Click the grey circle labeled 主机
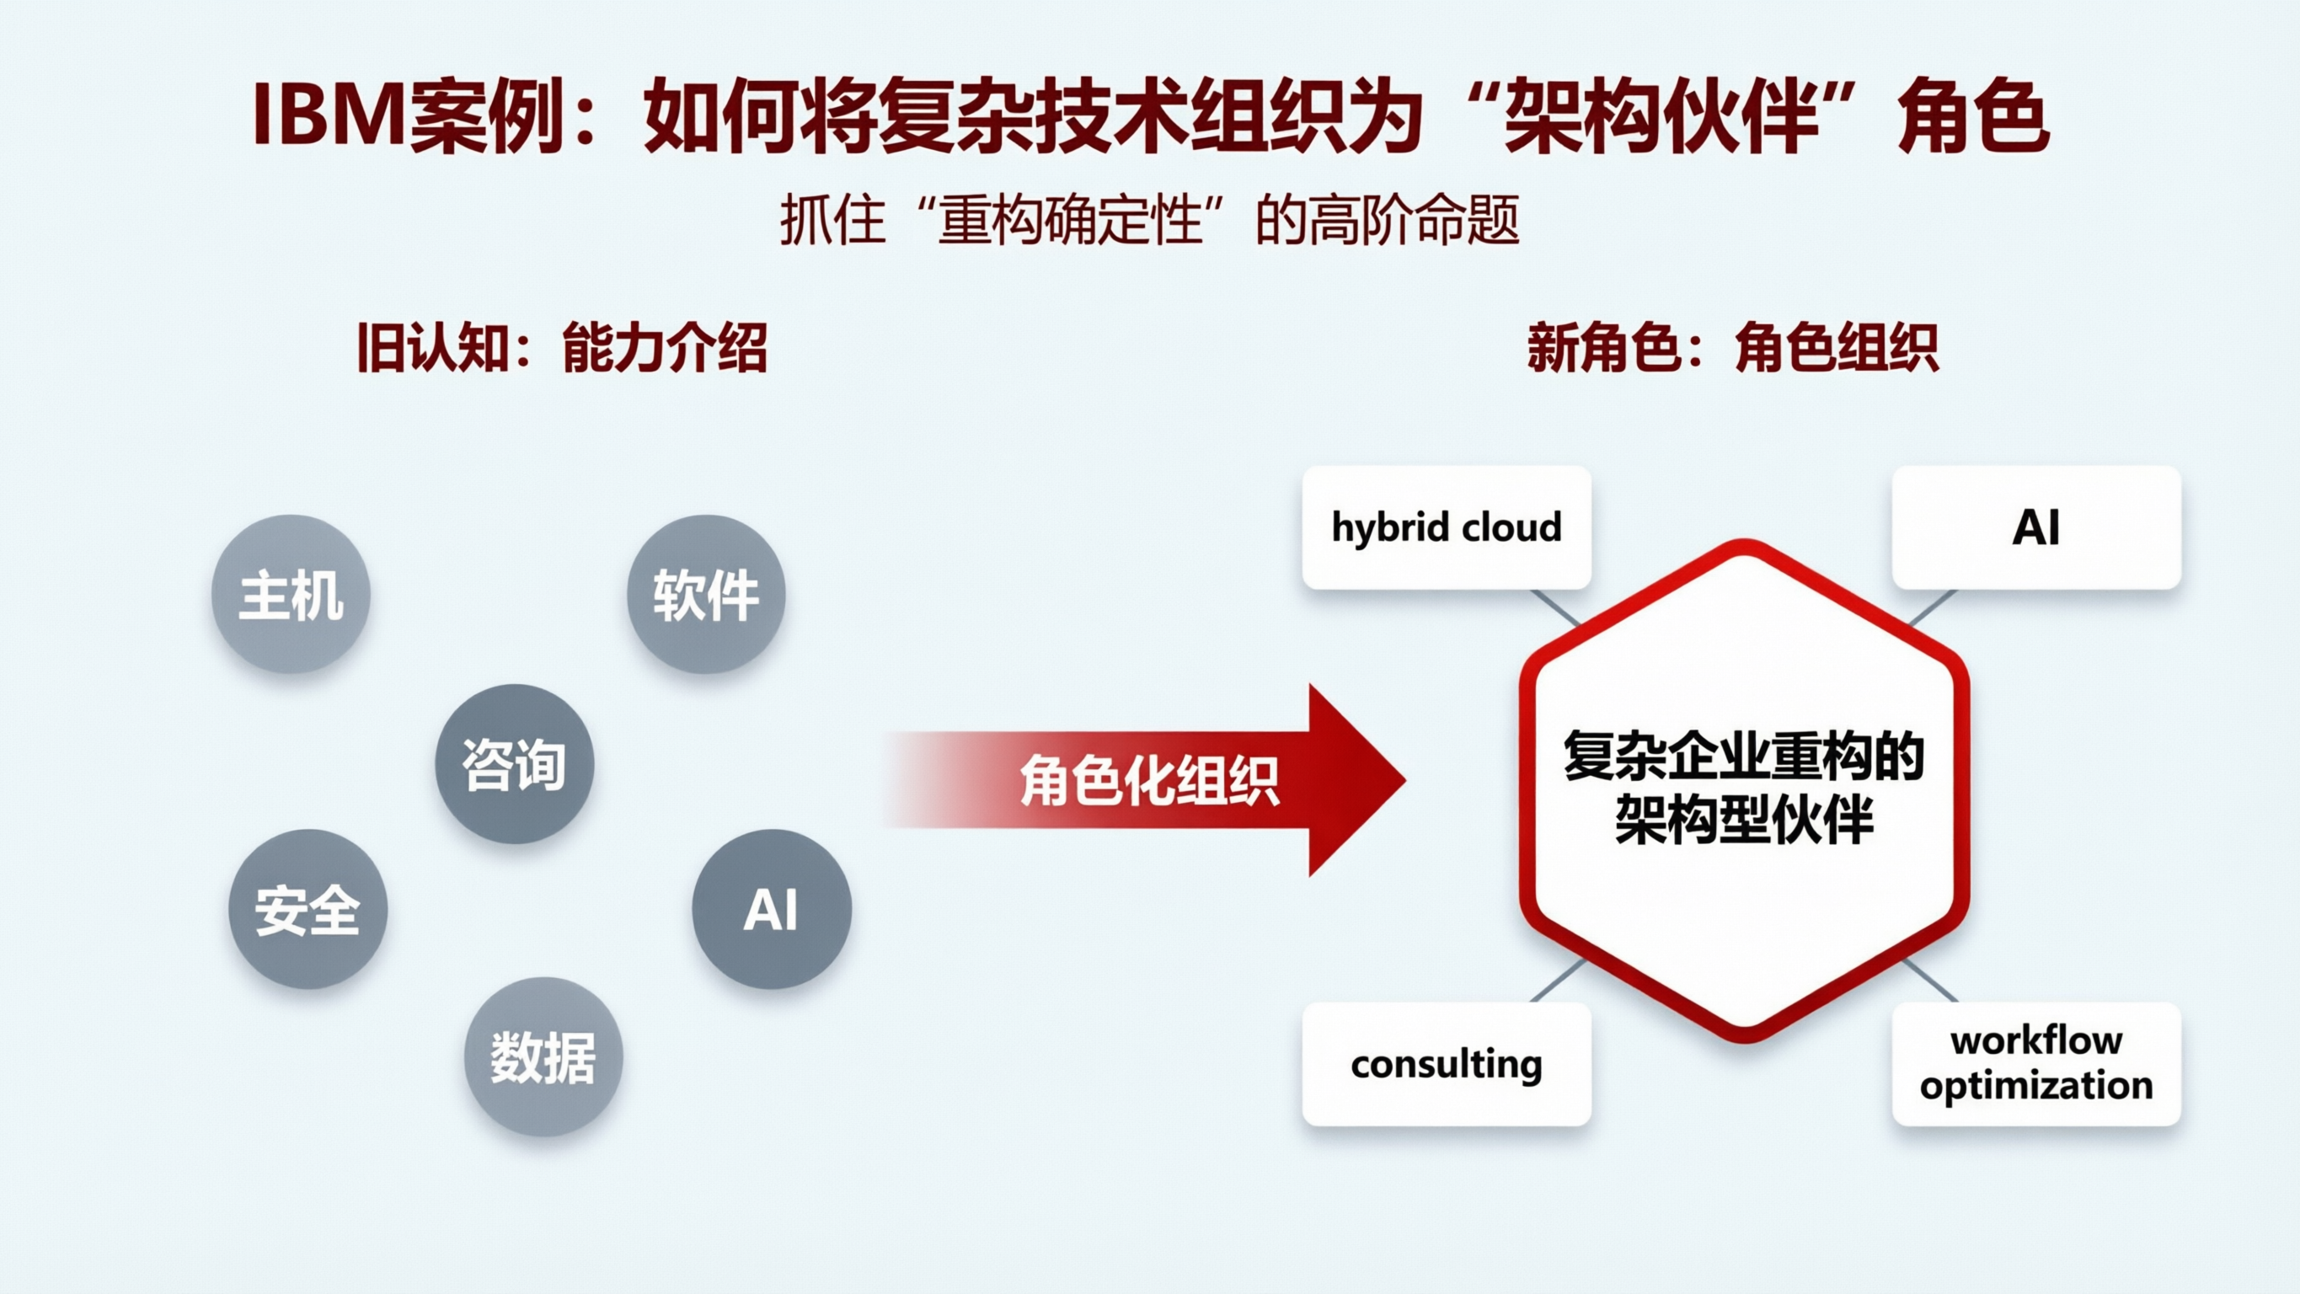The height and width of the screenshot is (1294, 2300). point(290,594)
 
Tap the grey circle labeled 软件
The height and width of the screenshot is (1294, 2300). point(705,594)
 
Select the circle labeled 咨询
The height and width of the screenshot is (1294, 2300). point(514,763)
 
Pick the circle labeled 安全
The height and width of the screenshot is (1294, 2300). point(308,909)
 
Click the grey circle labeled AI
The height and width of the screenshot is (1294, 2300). point(772,909)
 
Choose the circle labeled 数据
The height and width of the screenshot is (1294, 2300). point(543,1056)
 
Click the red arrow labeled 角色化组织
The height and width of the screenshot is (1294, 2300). point(1152,779)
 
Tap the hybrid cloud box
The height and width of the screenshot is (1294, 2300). point(1447,527)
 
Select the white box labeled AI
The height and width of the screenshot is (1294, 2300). point(2035,527)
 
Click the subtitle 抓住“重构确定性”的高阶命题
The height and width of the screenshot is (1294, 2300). point(1150,220)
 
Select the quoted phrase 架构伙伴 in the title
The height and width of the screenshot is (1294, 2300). point(1661,116)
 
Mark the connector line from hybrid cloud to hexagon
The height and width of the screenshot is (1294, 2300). point(1555,607)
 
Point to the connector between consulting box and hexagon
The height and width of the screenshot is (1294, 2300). point(1558,981)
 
